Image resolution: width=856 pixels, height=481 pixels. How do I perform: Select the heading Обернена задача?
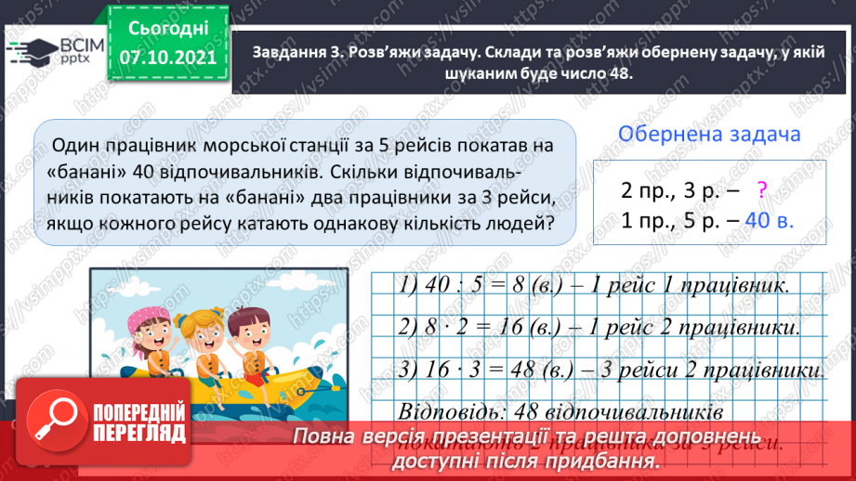click(x=710, y=134)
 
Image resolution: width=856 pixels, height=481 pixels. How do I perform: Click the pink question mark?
click(x=761, y=190)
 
